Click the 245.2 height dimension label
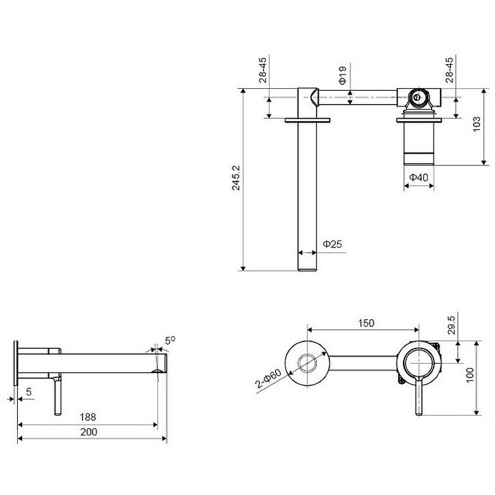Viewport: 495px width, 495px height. [x=236, y=178]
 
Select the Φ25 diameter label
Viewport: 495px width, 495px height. [x=332, y=244]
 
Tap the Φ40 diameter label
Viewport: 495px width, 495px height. [x=419, y=178]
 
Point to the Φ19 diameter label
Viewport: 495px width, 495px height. [x=343, y=75]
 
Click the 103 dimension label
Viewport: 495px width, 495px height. [x=477, y=124]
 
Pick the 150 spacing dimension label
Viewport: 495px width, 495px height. [x=366, y=323]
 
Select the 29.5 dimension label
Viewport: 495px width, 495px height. [x=451, y=325]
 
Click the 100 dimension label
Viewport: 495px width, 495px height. [x=470, y=374]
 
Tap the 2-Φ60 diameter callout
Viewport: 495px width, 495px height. [x=268, y=378]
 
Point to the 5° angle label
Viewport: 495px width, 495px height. [x=170, y=341]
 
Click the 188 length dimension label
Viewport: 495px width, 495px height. [x=88, y=417]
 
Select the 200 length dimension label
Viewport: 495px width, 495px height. [x=88, y=432]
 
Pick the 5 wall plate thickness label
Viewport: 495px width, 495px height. [x=29, y=392]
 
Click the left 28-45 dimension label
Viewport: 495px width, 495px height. [x=263, y=70]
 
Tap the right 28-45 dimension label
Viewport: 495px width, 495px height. [x=449, y=70]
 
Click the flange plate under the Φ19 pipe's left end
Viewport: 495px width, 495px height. [x=308, y=120]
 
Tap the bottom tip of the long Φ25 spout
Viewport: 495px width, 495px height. [x=307, y=270]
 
